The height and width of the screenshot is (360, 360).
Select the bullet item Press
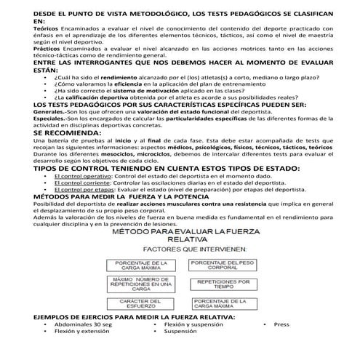281,324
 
